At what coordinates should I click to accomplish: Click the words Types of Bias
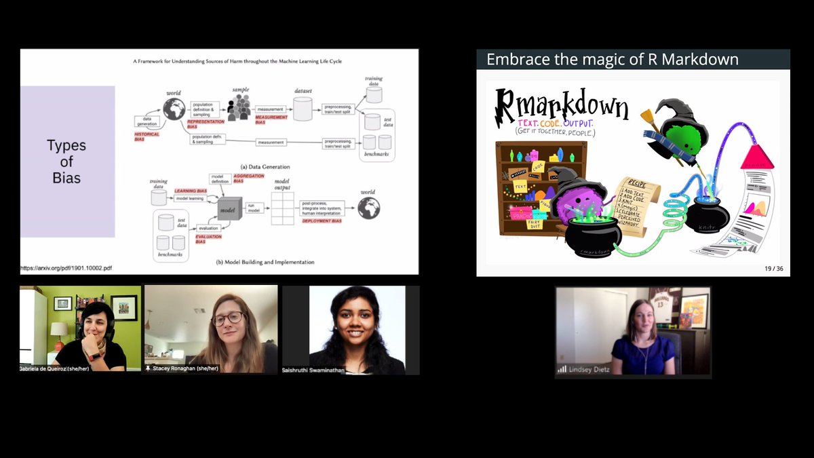[66, 161]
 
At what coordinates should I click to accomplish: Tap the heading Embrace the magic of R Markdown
[613, 59]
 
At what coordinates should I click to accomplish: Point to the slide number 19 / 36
[773, 269]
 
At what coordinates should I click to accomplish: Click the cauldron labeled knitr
[706, 215]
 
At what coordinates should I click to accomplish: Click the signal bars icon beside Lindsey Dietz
[562, 369]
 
